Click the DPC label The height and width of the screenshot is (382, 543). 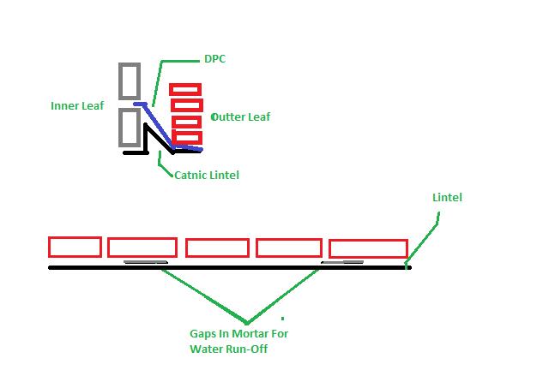pos(214,59)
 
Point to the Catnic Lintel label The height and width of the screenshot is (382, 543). pos(206,175)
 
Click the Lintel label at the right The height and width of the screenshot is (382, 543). pos(447,197)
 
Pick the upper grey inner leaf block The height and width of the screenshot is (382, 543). pos(130,81)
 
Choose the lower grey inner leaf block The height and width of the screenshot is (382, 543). pos(130,127)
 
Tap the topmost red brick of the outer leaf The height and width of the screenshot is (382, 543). pos(185,89)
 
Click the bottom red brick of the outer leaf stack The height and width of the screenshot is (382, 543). pos(186,137)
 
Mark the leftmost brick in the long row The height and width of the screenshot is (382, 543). pos(75,247)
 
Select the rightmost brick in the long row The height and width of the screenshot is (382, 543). pos(368,248)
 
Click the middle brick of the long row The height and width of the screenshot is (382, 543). pos(217,248)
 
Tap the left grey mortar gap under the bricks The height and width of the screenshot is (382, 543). pos(145,262)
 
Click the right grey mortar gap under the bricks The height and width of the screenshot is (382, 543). pos(342,262)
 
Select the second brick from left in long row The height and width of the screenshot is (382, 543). pos(142,248)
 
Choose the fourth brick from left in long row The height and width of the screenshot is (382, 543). pos(289,248)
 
